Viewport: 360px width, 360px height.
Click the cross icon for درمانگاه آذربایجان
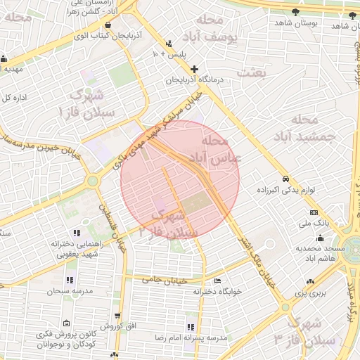195,69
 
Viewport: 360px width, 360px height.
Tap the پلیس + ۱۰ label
172,53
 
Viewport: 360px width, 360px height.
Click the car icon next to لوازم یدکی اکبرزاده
286,179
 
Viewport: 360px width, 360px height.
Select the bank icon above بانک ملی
313,212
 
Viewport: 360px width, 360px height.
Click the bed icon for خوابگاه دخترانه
217,280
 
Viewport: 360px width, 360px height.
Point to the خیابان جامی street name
163,281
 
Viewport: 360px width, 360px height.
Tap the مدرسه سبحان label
63,290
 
